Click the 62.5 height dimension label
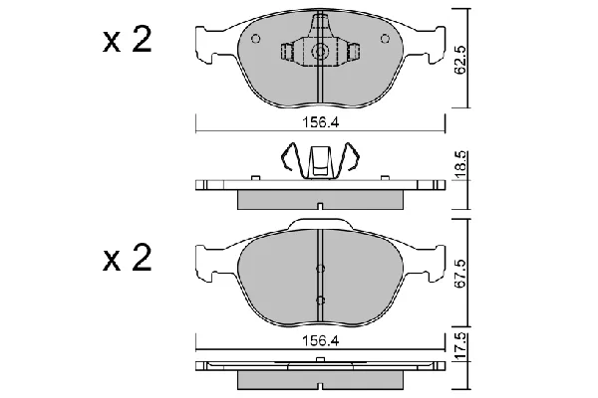click(x=461, y=60)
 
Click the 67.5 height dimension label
click(x=461, y=274)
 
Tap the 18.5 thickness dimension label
click(x=461, y=164)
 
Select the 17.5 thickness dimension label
click(x=461, y=346)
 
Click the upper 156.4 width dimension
click(x=320, y=122)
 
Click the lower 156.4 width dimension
click(x=320, y=341)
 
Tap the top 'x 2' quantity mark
click(x=128, y=40)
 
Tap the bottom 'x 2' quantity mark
click(x=128, y=258)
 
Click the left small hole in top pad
click(x=256, y=39)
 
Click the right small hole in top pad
click(x=385, y=39)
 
